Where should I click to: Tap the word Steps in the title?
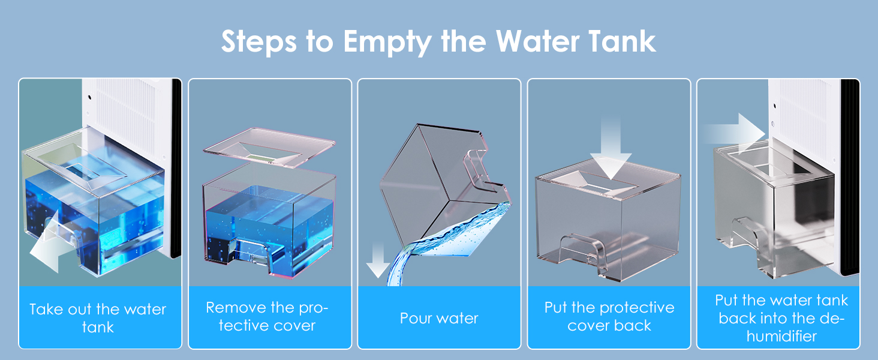pos(258,41)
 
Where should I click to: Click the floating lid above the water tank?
pos(270,148)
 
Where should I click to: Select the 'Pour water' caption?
pos(439,318)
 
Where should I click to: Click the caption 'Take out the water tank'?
pos(98,318)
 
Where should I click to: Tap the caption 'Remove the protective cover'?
pos(267,316)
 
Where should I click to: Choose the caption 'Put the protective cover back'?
pos(609,316)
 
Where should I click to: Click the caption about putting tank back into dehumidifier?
pos(781,318)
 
